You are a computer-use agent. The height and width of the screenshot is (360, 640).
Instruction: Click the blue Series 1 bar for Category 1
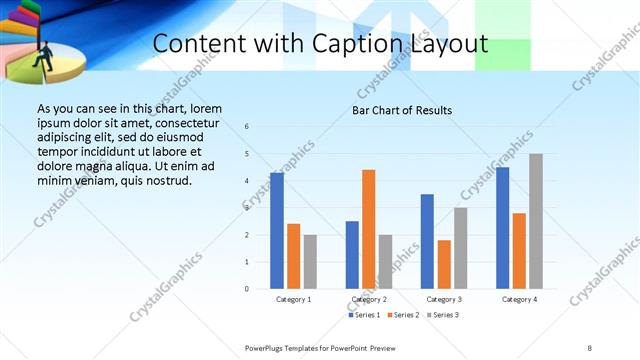[x=277, y=231]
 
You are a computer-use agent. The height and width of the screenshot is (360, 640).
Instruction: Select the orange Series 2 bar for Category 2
[x=368, y=229]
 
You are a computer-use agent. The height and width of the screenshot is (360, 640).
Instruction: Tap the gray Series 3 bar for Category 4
[x=536, y=221]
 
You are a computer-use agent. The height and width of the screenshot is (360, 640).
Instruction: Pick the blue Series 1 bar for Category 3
[x=427, y=241]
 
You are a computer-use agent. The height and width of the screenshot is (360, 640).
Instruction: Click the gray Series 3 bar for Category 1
[x=310, y=262]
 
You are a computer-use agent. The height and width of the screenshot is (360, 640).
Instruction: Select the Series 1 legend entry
[x=366, y=315]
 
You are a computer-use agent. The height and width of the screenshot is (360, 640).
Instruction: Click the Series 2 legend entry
[x=403, y=315]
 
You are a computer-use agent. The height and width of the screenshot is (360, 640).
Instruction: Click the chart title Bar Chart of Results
[x=401, y=110]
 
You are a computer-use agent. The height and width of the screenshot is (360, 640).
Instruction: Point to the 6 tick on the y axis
[x=247, y=126]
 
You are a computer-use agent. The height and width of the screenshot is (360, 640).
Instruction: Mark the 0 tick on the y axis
[x=247, y=289]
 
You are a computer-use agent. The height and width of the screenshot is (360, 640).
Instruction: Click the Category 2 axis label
[x=368, y=299]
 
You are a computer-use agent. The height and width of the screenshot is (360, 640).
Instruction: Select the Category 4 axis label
[x=519, y=299]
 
